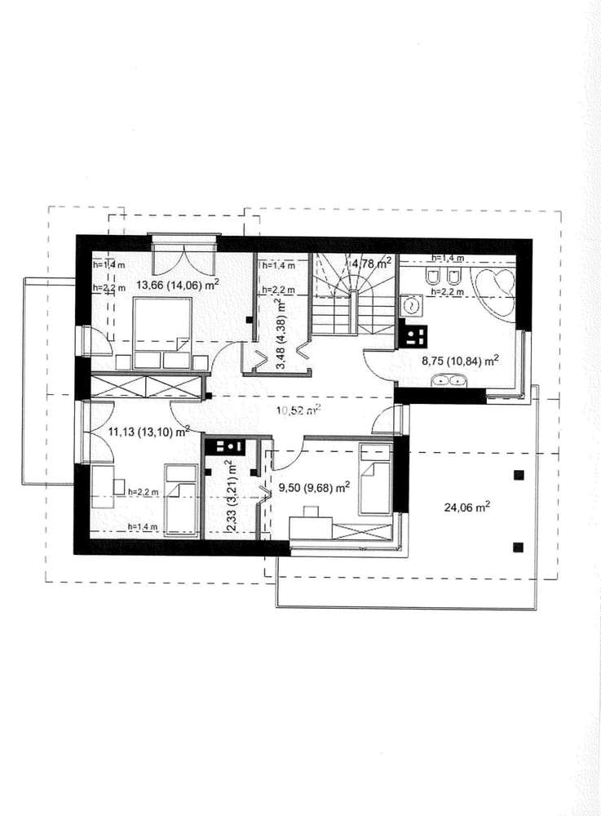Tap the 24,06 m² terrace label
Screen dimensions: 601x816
467,507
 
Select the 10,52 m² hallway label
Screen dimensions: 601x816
298,410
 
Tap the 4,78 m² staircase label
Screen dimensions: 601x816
371,264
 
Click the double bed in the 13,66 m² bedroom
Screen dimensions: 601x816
163,332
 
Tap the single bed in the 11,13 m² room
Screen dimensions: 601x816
181,499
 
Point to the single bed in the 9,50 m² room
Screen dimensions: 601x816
375,479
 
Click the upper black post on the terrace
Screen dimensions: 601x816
519,475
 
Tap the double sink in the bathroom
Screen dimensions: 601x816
449,381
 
